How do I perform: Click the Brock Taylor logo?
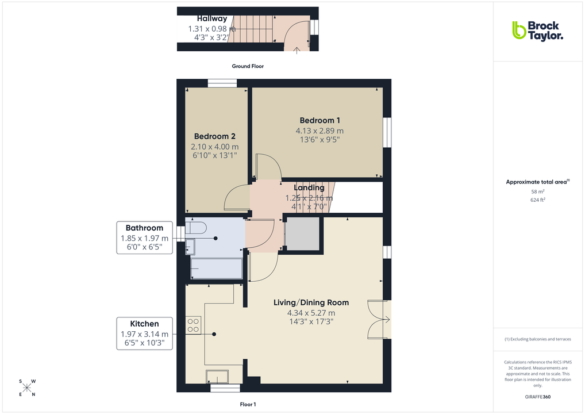(x=537, y=30)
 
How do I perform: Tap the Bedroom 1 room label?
(x=320, y=120)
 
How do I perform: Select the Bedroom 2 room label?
(x=214, y=136)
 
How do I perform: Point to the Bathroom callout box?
(x=145, y=237)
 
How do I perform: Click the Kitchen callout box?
(x=144, y=333)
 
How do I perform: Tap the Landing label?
(x=309, y=188)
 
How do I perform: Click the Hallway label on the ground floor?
(x=212, y=19)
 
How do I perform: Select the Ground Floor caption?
(x=248, y=66)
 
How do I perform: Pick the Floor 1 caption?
(x=248, y=405)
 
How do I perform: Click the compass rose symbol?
(x=27, y=387)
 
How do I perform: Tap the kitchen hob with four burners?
(x=193, y=325)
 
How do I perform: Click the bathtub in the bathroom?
(x=216, y=268)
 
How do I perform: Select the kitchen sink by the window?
(x=217, y=376)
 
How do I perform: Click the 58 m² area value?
(x=537, y=191)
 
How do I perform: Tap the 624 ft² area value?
(x=537, y=200)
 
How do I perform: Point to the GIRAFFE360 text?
(x=537, y=396)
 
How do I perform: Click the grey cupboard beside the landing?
(x=303, y=234)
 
